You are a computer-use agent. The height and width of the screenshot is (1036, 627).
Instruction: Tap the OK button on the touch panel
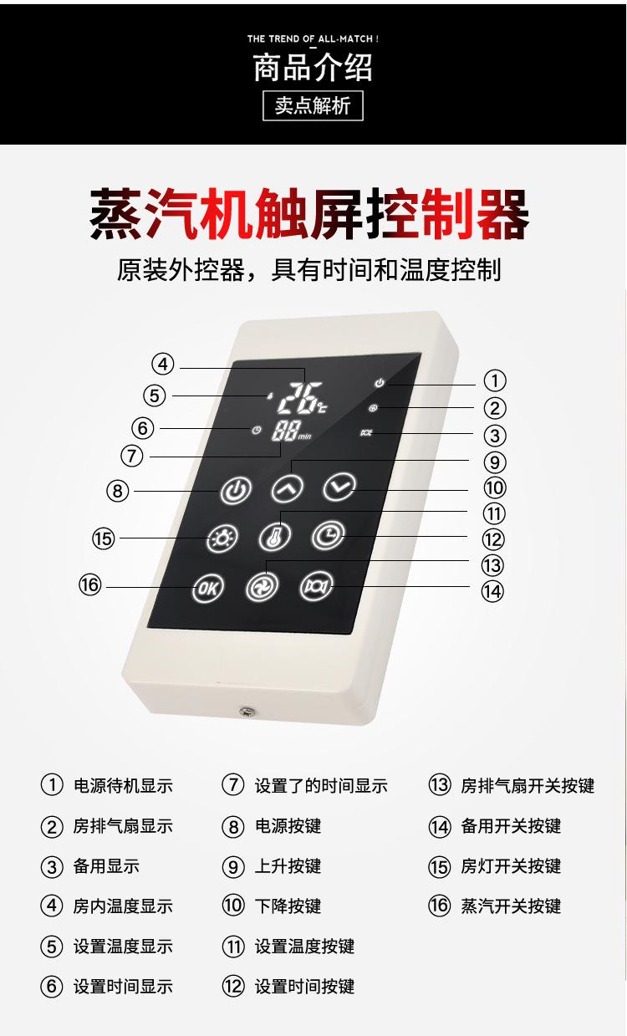tap(208, 587)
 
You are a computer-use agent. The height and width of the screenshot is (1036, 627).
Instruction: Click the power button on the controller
tap(237, 491)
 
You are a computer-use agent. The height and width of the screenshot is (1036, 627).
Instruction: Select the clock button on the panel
tap(328, 534)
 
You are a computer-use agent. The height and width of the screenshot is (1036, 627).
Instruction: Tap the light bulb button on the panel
tap(222, 538)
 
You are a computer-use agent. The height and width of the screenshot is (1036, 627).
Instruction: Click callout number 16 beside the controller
tap(89, 585)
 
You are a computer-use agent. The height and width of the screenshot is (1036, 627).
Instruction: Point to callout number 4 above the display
tap(163, 365)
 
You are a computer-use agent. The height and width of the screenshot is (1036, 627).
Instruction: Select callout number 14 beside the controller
tap(492, 591)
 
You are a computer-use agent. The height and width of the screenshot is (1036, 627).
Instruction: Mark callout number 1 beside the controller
tap(495, 381)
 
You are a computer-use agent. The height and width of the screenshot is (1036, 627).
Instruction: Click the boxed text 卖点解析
tap(313, 106)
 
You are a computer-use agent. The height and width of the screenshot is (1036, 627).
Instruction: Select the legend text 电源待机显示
tap(123, 786)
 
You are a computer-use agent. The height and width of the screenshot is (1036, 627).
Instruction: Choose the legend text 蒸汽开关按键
tap(511, 906)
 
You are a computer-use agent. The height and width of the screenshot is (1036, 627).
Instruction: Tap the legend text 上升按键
tap(288, 866)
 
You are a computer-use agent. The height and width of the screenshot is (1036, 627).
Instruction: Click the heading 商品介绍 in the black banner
tap(313, 68)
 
